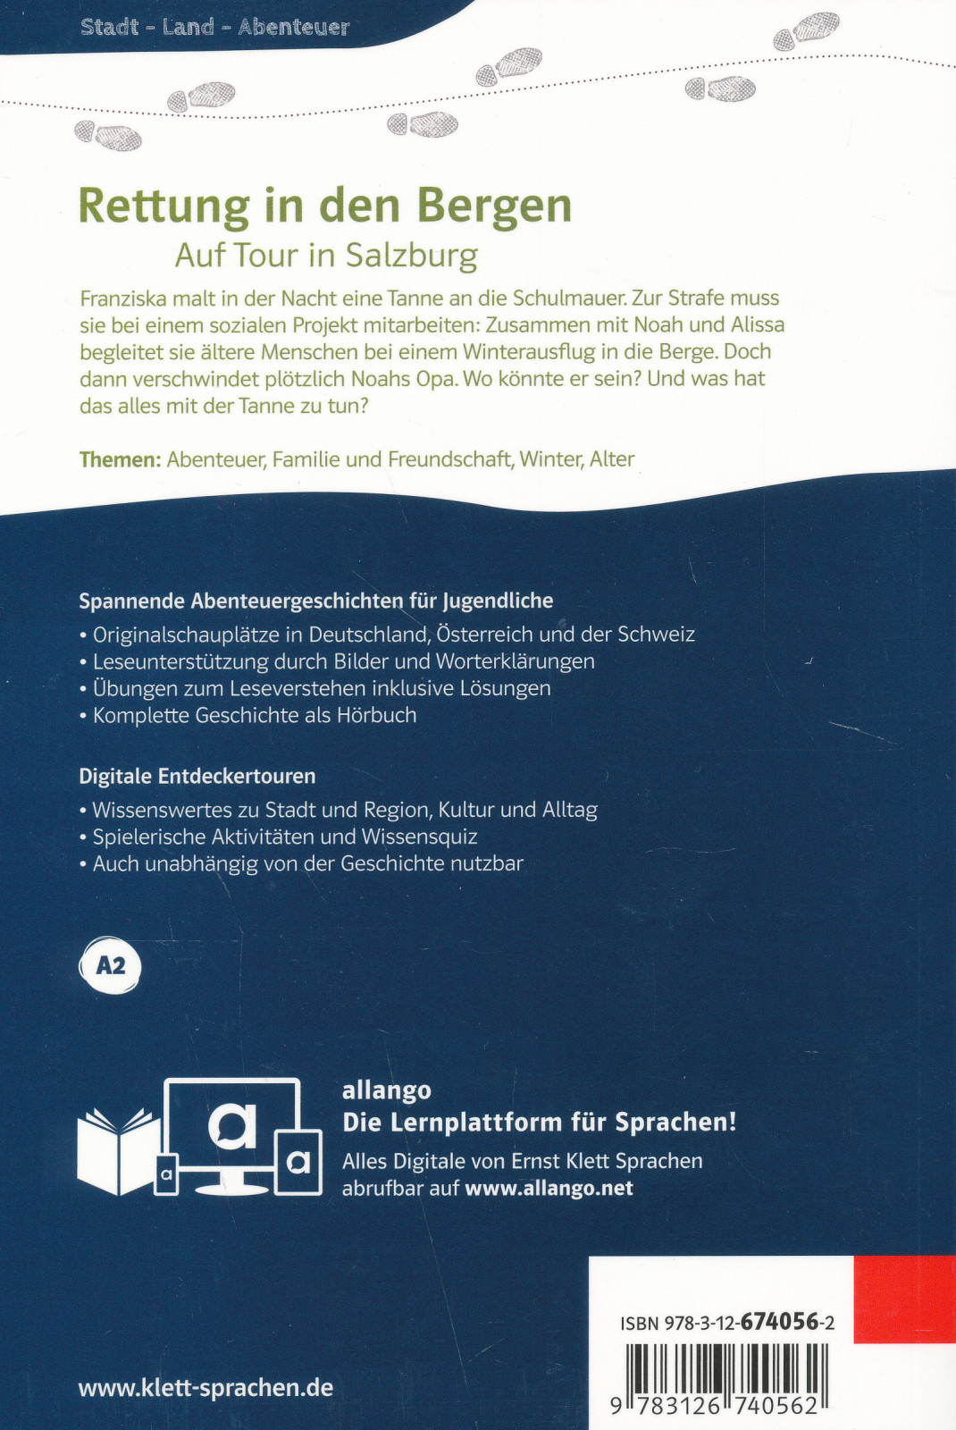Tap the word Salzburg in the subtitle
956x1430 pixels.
(412, 256)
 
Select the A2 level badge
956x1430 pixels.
(111, 966)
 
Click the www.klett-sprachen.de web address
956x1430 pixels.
(205, 1388)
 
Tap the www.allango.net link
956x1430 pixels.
(549, 1189)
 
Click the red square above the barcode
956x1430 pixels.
(903, 1299)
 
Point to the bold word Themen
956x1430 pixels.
(120, 459)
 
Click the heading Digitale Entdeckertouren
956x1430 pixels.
(197, 776)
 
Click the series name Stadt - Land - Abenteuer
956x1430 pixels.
(214, 27)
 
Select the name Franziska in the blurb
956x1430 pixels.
(123, 299)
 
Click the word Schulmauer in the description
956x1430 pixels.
(568, 299)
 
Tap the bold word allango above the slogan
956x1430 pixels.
(386, 1090)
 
